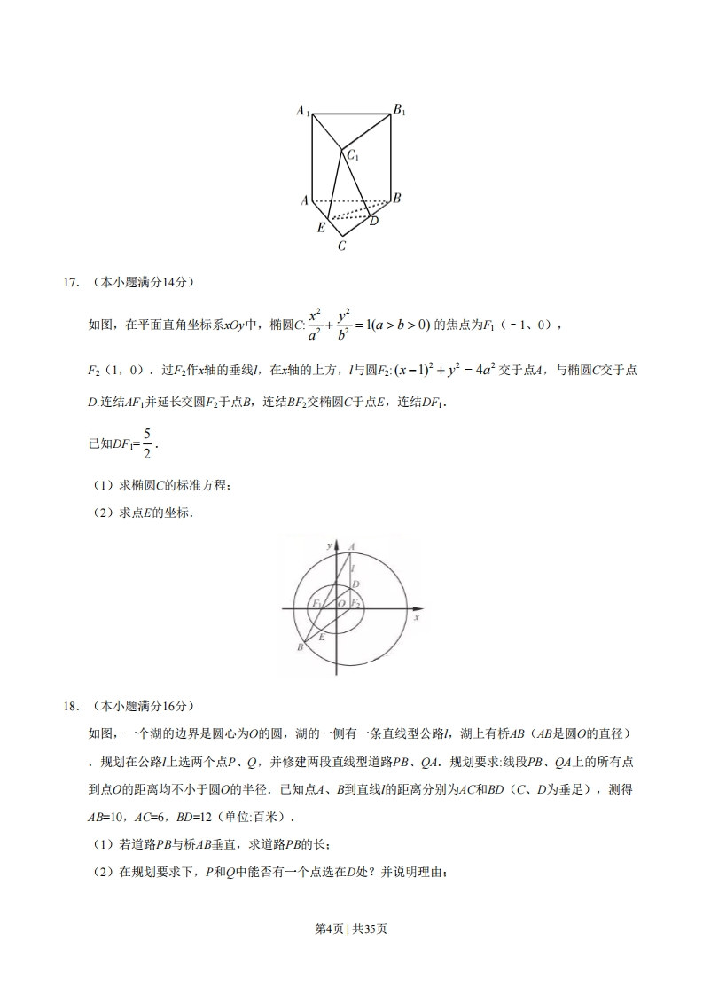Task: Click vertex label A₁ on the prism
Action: pos(302,112)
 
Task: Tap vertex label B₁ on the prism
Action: pos(400,111)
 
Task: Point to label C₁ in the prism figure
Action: pos(352,156)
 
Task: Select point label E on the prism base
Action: pos(322,228)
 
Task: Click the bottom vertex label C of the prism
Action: pos(341,247)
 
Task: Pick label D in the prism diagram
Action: pos(374,221)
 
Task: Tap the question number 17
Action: pos(70,283)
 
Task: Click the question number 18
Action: pos(70,706)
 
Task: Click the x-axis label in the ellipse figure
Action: pos(416,617)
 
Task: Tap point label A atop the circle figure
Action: pos(352,546)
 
